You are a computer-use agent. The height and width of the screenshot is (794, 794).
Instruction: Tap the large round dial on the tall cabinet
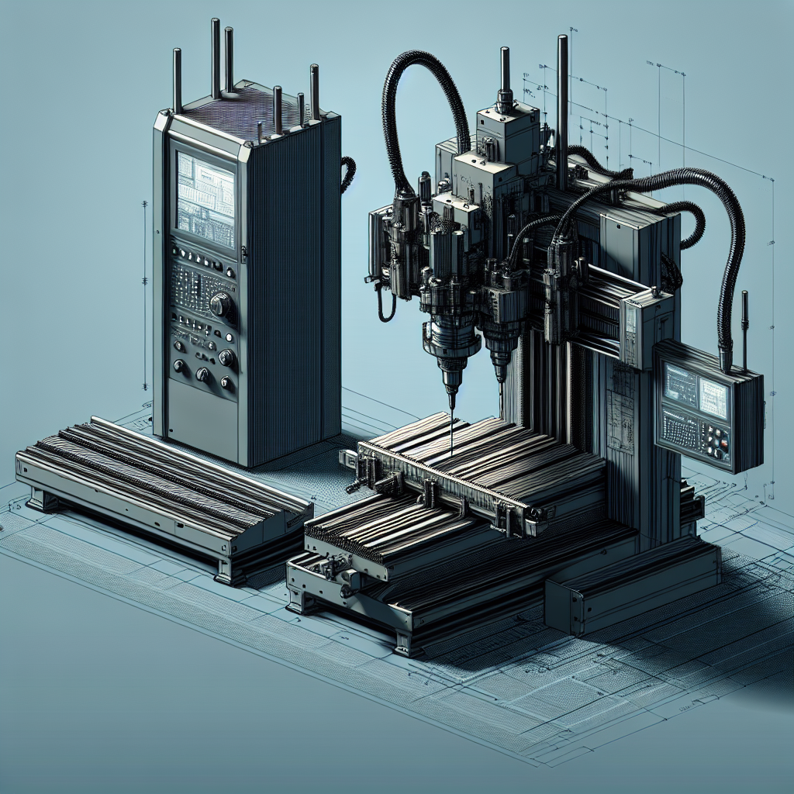[x=220, y=305]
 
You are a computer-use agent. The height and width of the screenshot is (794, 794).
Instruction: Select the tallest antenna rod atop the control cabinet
[x=216, y=58]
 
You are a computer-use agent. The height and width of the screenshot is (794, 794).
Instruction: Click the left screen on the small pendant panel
[x=681, y=384]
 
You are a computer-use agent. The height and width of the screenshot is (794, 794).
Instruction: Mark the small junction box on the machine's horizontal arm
[x=640, y=326]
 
